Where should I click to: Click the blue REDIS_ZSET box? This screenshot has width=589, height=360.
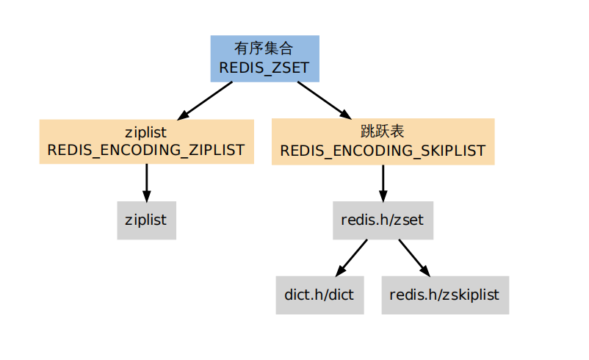[x=264, y=58]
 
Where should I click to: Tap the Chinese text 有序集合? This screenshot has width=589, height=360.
[x=264, y=48]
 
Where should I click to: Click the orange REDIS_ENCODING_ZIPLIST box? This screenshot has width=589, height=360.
[x=146, y=141]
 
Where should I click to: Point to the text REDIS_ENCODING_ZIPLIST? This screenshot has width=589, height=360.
[x=146, y=151]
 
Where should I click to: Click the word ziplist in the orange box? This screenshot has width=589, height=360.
[x=146, y=132]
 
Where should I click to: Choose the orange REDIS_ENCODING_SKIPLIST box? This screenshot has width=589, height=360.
[x=383, y=141]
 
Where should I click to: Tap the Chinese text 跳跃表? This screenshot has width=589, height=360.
[x=383, y=132]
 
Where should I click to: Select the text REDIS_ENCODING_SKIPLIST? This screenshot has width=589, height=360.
[x=383, y=151]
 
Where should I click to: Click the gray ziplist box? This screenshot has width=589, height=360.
[x=146, y=220]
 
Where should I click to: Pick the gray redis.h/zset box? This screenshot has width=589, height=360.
[x=383, y=220]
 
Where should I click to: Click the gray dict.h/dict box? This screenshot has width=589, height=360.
[x=319, y=295]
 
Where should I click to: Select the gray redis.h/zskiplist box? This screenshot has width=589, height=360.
[x=444, y=295]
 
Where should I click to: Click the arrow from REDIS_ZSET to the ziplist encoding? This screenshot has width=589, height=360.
[x=205, y=100]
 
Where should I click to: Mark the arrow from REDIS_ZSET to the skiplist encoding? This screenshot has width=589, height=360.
[x=324, y=100]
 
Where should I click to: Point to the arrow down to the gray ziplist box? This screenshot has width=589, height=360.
[x=146, y=182]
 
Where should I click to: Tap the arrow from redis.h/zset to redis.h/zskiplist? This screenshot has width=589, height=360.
[x=414, y=257]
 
